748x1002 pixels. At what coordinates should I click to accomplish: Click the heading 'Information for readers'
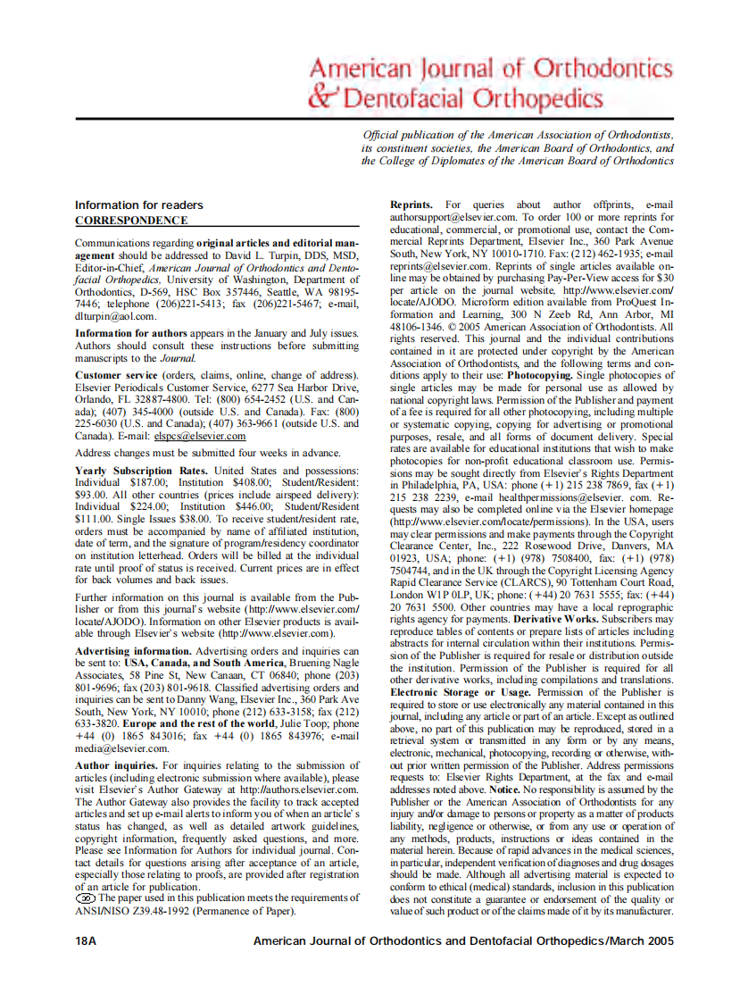[138, 205]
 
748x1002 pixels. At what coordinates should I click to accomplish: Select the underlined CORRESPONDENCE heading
[131, 220]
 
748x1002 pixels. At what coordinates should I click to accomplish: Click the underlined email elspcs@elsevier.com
[200, 436]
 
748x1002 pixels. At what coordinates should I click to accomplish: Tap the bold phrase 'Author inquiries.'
[116, 766]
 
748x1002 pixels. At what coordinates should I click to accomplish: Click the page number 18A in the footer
[87, 940]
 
